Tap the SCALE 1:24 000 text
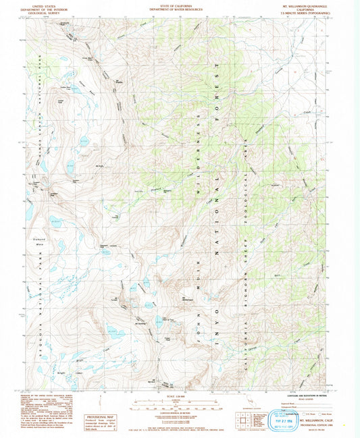pyautogui.click(x=179, y=396)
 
